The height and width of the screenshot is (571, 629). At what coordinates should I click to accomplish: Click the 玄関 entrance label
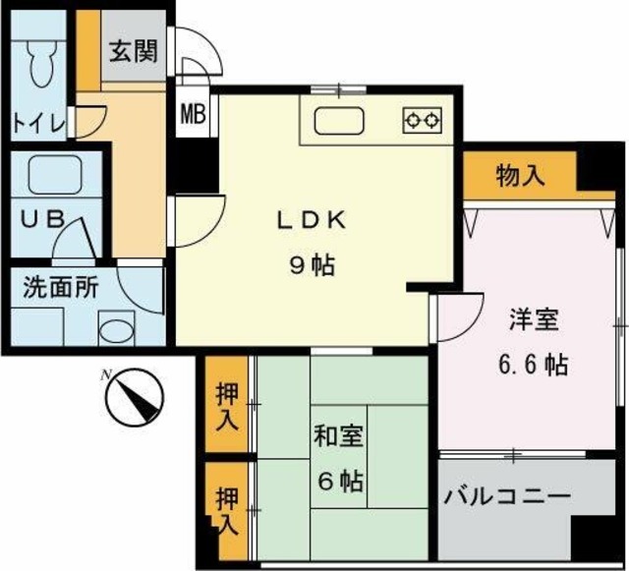[x=133, y=51]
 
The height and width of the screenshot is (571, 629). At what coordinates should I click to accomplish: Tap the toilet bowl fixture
[x=41, y=65]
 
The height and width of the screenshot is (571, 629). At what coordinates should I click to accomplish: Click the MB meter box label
[x=192, y=113]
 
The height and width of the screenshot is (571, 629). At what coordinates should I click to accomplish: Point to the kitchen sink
[x=338, y=122]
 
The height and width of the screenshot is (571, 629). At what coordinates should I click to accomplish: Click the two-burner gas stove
[x=422, y=120]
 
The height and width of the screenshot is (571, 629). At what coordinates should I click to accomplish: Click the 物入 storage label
[x=520, y=177]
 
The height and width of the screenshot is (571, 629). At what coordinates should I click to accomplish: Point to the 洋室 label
[x=534, y=320]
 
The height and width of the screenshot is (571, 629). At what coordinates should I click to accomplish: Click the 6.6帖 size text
[x=533, y=366]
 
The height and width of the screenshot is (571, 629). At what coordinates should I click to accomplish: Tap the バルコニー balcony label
[x=505, y=497]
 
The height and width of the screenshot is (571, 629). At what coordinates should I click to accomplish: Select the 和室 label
[x=339, y=436]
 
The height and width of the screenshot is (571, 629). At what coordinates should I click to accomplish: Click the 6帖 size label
[x=339, y=482]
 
